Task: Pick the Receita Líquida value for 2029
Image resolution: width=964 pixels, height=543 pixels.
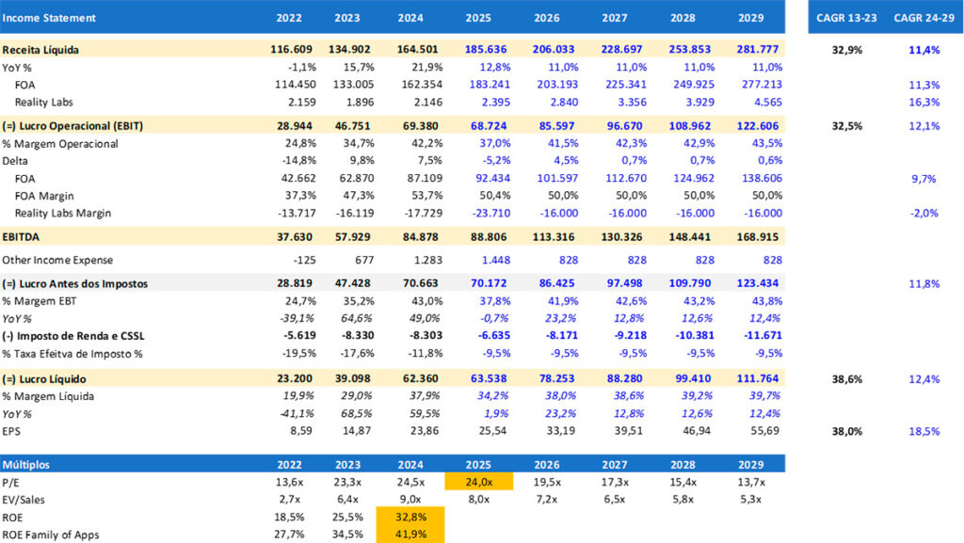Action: coord(758,49)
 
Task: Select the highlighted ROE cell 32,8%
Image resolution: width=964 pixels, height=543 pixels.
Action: coord(410,517)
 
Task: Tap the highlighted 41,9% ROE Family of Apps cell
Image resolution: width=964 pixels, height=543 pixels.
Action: coord(410,534)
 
